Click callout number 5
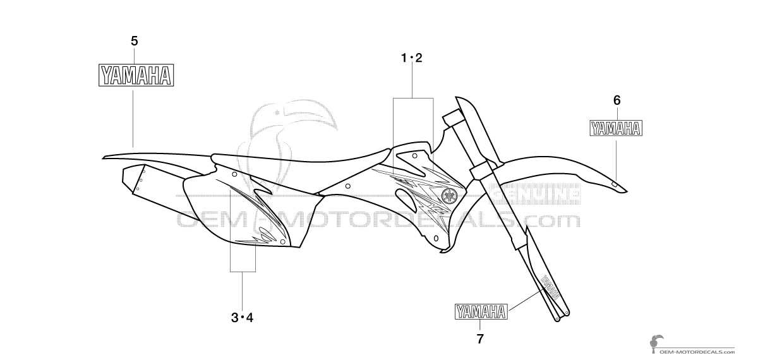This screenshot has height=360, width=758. pos(135,41)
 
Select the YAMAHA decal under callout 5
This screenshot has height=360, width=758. pos(136,75)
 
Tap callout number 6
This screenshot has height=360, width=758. pos(617,100)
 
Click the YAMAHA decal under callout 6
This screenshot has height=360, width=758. pos(616,128)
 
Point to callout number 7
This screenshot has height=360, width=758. pos(480,339)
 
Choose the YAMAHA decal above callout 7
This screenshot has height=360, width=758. pos(481,311)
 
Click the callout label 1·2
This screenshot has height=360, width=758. pos(411,58)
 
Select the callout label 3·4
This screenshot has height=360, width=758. pos(242,318)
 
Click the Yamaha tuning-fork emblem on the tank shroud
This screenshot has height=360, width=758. pos(449,195)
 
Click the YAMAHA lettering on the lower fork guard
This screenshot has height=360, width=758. pos(549,287)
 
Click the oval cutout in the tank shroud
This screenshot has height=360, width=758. pos(407,200)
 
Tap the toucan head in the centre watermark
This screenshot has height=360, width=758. pos(294,117)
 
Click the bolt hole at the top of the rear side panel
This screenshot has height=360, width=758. pos(234,174)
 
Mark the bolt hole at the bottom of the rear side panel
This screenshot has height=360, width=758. pos(282,241)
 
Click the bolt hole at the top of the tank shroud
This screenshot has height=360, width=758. pos(414,155)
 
